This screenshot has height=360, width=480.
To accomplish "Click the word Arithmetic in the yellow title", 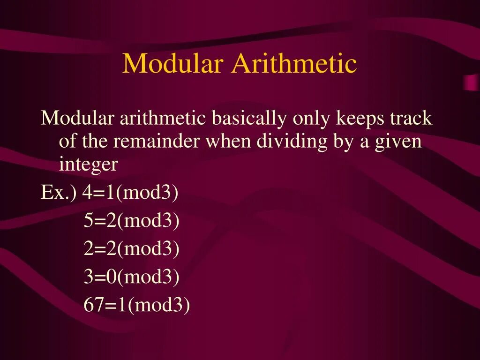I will pyautogui.click(x=294, y=64).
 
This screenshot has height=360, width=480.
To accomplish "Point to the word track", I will pyautogui.click(x=410, y=119).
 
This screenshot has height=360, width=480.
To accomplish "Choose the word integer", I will pyautogui.click(x=88, y=165).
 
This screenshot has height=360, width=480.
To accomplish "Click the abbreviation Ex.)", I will pyautogui.click(x=59, y=193).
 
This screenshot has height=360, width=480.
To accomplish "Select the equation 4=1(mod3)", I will pyautogui.click(x=131, y=193).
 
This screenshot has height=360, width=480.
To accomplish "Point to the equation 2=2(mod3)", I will pyautogui.click(x=132, y=249).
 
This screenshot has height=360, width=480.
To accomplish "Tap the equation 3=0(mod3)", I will pyautogui.click(x=132, y=277).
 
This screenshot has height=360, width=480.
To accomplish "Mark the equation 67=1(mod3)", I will pyautogui.click(x=137, y=306).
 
